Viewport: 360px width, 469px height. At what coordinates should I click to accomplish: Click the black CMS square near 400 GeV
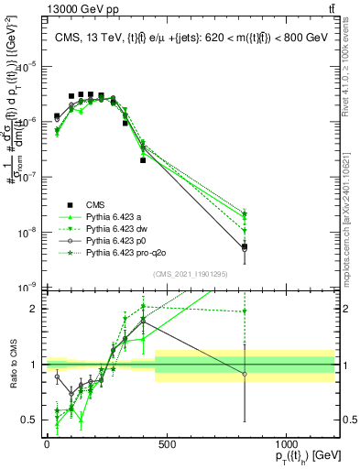143,160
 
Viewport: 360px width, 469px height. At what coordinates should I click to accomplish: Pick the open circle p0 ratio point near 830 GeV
245,374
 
